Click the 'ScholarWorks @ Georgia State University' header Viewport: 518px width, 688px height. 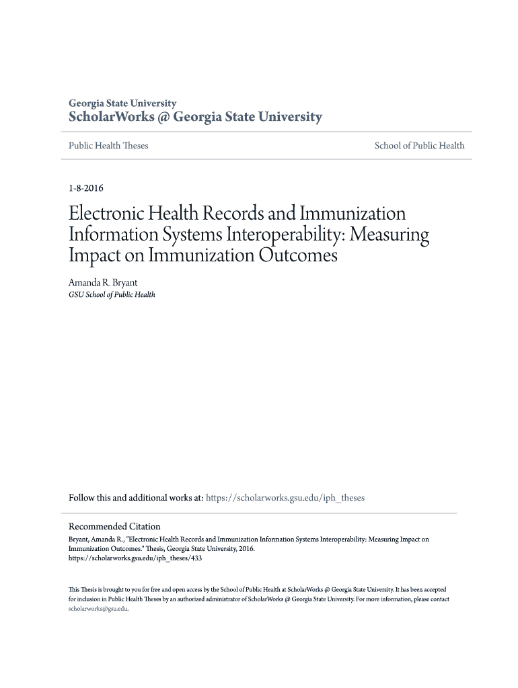196,118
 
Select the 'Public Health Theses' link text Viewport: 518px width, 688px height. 108,146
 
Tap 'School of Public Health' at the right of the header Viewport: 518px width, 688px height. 419,146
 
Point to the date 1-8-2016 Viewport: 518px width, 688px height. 86,189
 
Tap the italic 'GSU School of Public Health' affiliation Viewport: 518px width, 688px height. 112,295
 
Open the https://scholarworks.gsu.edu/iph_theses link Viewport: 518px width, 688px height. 285,499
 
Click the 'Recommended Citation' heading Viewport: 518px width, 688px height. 115,527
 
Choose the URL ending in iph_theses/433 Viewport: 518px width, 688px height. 135,558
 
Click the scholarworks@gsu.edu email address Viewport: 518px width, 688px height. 98,609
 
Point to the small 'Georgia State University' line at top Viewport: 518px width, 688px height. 122,103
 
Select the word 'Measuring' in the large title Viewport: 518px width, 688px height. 388,235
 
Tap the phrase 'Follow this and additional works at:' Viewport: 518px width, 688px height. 136,499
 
